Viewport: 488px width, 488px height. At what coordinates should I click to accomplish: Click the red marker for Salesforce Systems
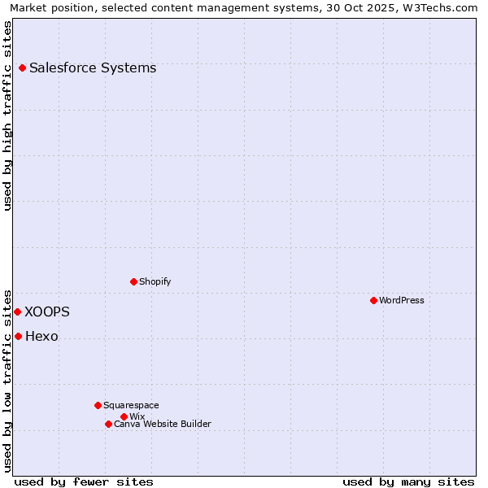(22, 68)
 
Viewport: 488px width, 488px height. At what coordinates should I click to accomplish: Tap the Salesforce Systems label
(93, 68)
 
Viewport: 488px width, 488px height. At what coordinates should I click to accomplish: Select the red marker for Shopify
(133, 282)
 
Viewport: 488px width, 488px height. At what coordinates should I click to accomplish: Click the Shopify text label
(155, 282)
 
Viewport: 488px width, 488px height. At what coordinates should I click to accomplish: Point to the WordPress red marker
(373, 301)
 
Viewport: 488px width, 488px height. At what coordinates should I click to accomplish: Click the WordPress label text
(401, 301)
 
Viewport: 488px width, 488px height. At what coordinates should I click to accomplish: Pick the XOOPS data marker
(17, 312)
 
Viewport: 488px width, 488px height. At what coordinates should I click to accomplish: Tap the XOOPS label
(47, 312)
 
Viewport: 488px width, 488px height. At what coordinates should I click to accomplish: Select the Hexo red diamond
(18, 337)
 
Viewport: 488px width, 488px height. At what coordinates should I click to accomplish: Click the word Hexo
(41, 337)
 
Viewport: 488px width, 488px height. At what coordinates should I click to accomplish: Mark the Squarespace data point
(98, 406)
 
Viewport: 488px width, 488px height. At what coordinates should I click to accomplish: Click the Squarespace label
(131, 406)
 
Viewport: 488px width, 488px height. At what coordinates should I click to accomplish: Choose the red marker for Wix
(124, 417)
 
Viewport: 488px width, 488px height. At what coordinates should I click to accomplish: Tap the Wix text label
(137, 417)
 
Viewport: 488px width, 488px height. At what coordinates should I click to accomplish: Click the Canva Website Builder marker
(108, 425)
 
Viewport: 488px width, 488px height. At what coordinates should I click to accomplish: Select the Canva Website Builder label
(162, 425)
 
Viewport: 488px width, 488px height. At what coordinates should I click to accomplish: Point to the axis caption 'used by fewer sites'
(84, 481)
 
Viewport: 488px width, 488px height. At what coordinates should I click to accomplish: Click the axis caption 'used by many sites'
(408, 481)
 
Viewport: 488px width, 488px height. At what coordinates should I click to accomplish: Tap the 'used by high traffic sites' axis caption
(8, 115)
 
